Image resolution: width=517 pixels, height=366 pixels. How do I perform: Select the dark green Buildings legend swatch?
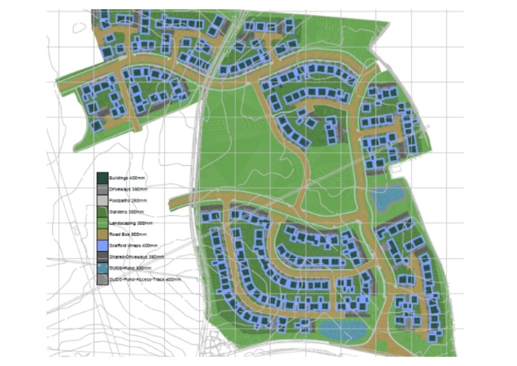click(x=102, y=178)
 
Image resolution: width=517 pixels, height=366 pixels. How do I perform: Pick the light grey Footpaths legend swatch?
click(x=102, y=201)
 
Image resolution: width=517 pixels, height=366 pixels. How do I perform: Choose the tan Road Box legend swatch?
click(x=102, y=234)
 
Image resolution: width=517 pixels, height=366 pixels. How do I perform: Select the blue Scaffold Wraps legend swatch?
click(x=102, y=246)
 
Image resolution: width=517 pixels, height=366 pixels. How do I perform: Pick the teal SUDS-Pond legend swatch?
click(x=102, y=268)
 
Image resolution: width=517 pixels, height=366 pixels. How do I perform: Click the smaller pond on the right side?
click(x=387, y=198)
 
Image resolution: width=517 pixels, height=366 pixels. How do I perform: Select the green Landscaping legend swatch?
click(x=102, y=223)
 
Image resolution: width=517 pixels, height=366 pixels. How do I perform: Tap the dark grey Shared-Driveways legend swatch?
click(x=102, y=257)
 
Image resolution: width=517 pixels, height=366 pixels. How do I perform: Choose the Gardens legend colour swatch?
click(x=102, y=212)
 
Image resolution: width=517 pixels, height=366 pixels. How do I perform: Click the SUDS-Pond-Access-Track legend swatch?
click(x=102, y=279)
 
